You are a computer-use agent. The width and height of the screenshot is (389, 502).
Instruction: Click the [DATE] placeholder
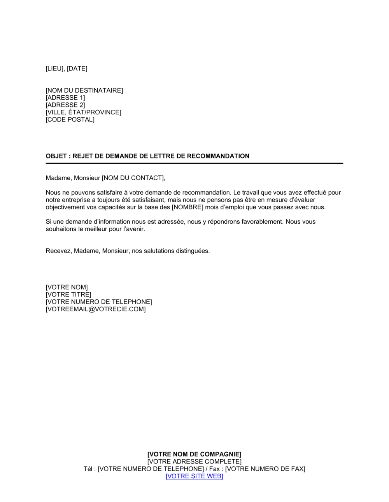pos(77,68)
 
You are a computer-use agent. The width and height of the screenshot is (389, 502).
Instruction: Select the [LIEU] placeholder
pos(54,68)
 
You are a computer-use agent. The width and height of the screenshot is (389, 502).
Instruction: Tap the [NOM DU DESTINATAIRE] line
pos(84,90)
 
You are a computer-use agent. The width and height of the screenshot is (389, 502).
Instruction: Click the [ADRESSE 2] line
pos(65,105)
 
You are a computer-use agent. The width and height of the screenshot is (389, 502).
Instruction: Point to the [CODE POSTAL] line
pos(70,119)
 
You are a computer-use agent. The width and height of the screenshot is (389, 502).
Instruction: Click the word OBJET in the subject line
pos(56,156)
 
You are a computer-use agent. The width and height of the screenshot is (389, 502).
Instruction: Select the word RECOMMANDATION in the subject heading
pos(218,156)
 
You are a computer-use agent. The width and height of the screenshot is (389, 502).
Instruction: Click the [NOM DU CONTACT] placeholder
pos(133,178)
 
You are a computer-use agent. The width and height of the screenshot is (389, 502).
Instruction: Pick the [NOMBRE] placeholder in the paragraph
pos(187,207)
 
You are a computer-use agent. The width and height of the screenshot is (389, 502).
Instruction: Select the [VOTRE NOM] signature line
pos(67,287)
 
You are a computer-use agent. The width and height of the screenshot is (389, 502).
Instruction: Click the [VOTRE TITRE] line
pos(68,295)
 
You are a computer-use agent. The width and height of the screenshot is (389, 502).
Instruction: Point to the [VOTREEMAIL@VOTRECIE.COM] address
pos(96,309)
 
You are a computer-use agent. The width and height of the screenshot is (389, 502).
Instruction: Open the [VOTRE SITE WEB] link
pos(194,476)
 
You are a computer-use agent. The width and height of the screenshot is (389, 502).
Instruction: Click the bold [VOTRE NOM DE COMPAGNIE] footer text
pos(194,454)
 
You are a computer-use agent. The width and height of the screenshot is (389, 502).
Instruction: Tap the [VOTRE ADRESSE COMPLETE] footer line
pos(194,462)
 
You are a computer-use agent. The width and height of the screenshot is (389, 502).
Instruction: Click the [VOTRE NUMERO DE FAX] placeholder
pos(265,469)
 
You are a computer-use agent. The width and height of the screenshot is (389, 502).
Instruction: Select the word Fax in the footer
pos(214,469)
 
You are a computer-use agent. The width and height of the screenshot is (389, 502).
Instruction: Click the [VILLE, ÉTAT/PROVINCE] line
pos(84,112)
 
